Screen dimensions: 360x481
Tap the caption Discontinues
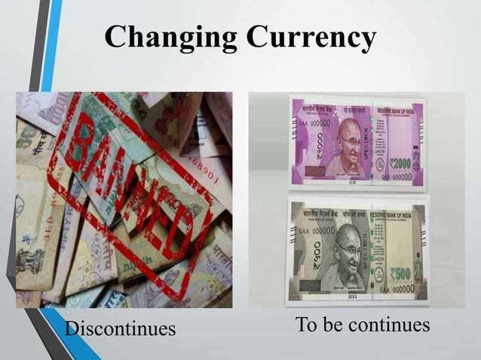click(120, 328)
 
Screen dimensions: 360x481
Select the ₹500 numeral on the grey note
click(399, 273)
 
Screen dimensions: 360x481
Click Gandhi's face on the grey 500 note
click(348, 252)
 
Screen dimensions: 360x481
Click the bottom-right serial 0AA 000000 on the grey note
click(396, 289)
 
